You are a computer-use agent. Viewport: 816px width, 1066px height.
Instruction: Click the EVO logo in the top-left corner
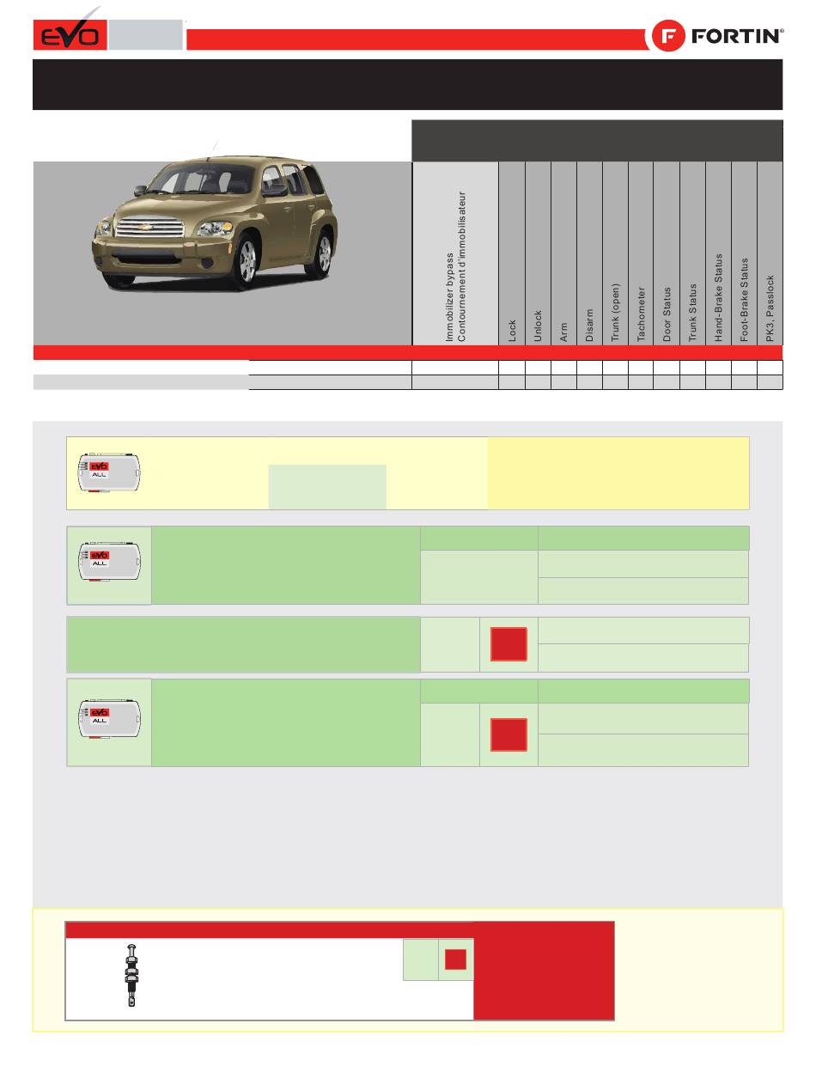(x=70, y=34)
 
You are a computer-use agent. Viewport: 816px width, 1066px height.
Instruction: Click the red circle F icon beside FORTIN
(x=668, y=36)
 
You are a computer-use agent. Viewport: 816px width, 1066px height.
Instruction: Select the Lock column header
(x=512, y=331)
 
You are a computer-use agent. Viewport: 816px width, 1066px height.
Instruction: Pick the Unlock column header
(x=538, y=326)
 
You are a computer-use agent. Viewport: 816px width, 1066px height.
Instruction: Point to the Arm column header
(x=563, y=332)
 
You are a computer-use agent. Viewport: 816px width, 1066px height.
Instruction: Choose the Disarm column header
(x=589, y=326)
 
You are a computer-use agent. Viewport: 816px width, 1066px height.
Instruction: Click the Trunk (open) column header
(x=615, y=313)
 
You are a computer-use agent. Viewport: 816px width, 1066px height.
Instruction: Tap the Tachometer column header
(x=641, y=314)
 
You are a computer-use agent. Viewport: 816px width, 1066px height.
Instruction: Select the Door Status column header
(x=667, y=314)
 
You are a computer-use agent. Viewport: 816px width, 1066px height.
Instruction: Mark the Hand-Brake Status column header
(x=718, y=298)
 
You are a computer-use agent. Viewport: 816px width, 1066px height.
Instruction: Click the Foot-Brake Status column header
(x=745, y=300)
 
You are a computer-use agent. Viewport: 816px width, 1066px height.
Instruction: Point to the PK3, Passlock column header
(x=770, y=308)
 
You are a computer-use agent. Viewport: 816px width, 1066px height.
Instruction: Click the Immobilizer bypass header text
(x=450, y=297)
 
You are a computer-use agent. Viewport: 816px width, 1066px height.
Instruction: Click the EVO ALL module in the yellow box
(x=109, y=473)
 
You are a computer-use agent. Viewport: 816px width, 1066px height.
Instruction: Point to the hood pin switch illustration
(x=131, y=976)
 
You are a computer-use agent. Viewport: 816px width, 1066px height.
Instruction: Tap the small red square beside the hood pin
(x=455, y=959)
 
